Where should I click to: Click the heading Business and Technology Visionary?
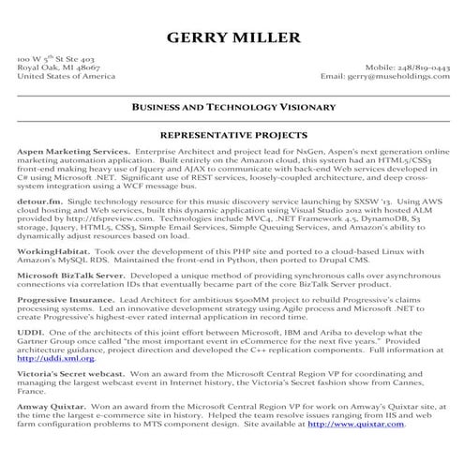click(232, 108)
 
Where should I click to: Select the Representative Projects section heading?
click(232, 135)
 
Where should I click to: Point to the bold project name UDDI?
click(29, 333)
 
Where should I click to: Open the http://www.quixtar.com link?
click(356, 424)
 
